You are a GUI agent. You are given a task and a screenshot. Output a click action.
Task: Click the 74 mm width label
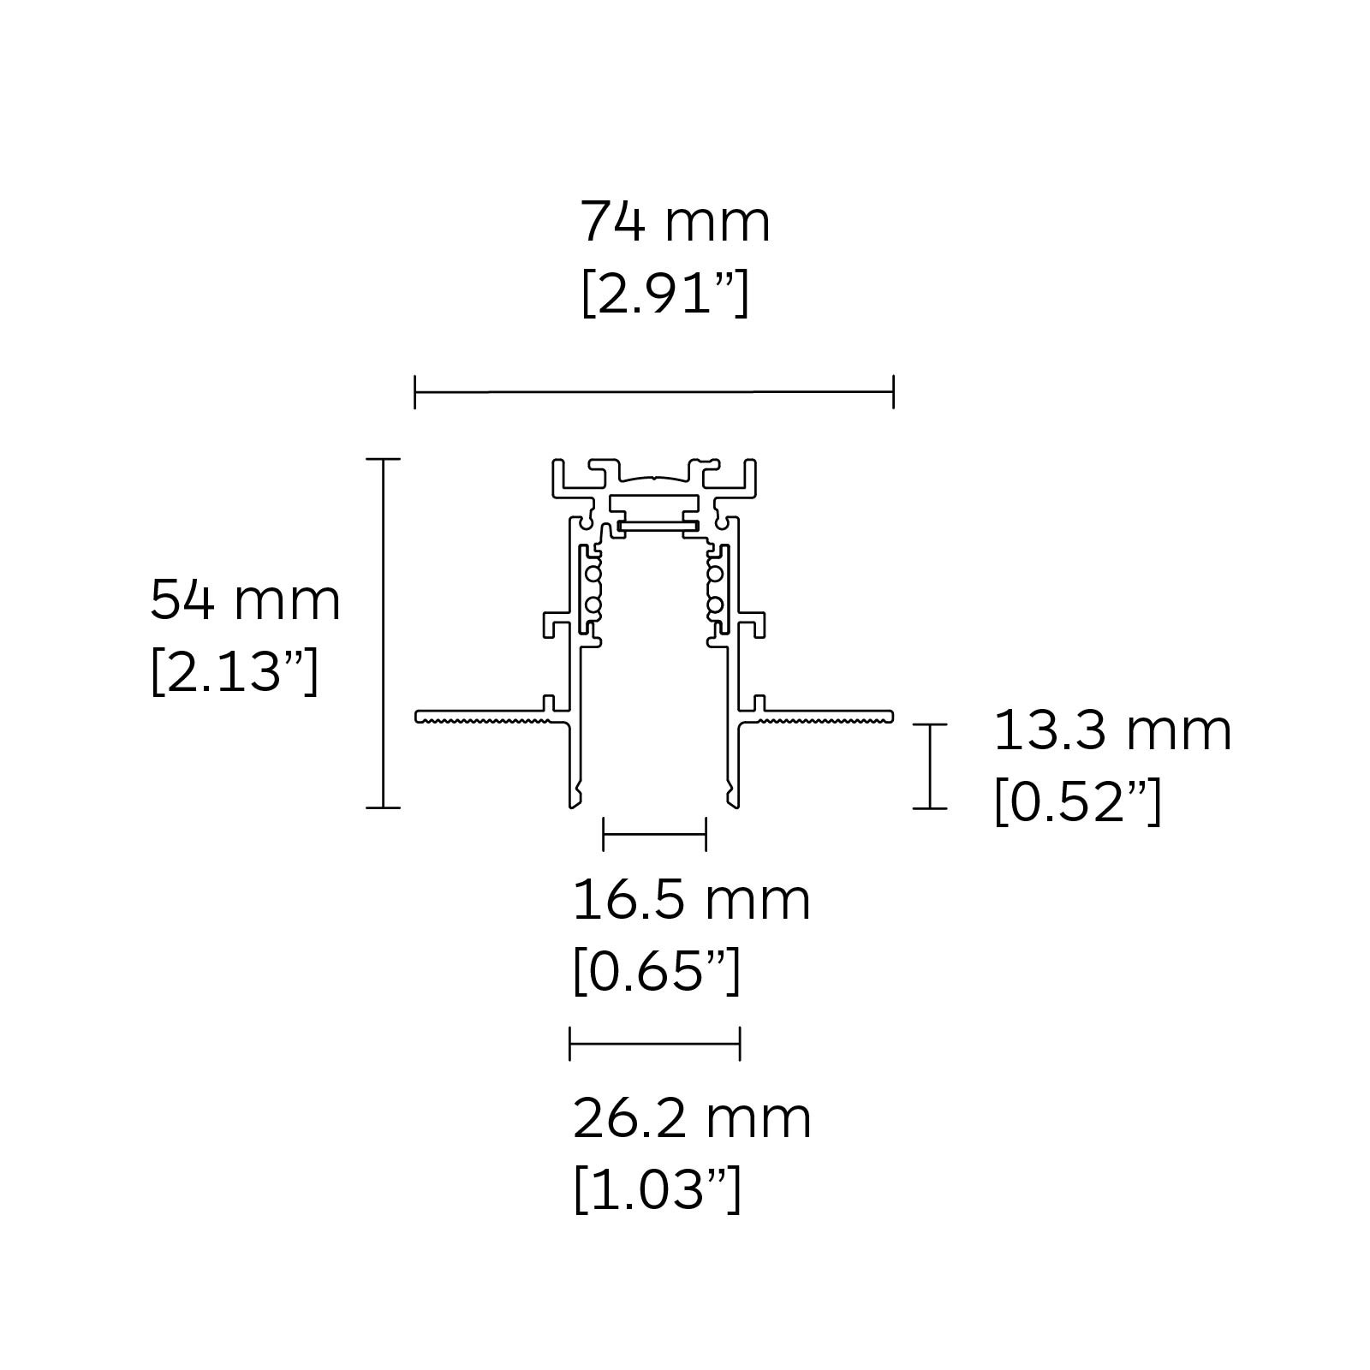tap(675, 222)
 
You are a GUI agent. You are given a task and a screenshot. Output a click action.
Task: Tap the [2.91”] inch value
tap(664, 295)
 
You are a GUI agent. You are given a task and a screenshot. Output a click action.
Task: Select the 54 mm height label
tap(245, 600)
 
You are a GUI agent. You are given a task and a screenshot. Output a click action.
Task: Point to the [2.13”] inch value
tap(234, 673)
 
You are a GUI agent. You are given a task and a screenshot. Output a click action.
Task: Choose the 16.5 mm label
tap(691, 900)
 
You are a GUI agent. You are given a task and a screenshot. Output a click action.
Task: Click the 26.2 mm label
tap(691, 1118)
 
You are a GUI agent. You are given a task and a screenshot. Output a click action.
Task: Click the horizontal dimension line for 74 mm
tap(654, 392)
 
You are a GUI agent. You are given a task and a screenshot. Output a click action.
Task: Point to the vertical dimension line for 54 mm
tap(383, 634)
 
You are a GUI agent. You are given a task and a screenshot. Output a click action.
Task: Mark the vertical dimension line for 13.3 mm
tap(929, 765)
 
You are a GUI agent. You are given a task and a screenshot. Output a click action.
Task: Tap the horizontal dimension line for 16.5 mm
tap(654, 833)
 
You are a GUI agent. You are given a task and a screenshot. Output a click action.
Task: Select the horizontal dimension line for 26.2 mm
tap(654, 1044)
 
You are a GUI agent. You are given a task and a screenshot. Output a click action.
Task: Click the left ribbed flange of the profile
tap(479, 717)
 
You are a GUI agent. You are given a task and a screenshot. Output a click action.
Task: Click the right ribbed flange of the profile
tap(826, 717)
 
